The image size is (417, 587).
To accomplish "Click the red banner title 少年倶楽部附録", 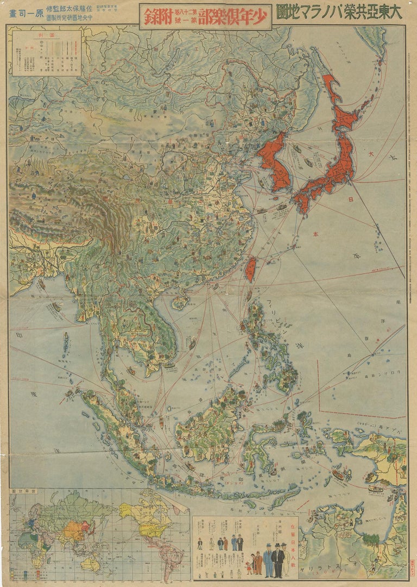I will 205,17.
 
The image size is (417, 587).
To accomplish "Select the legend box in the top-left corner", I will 46,53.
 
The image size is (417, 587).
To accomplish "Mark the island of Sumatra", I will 117,429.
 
